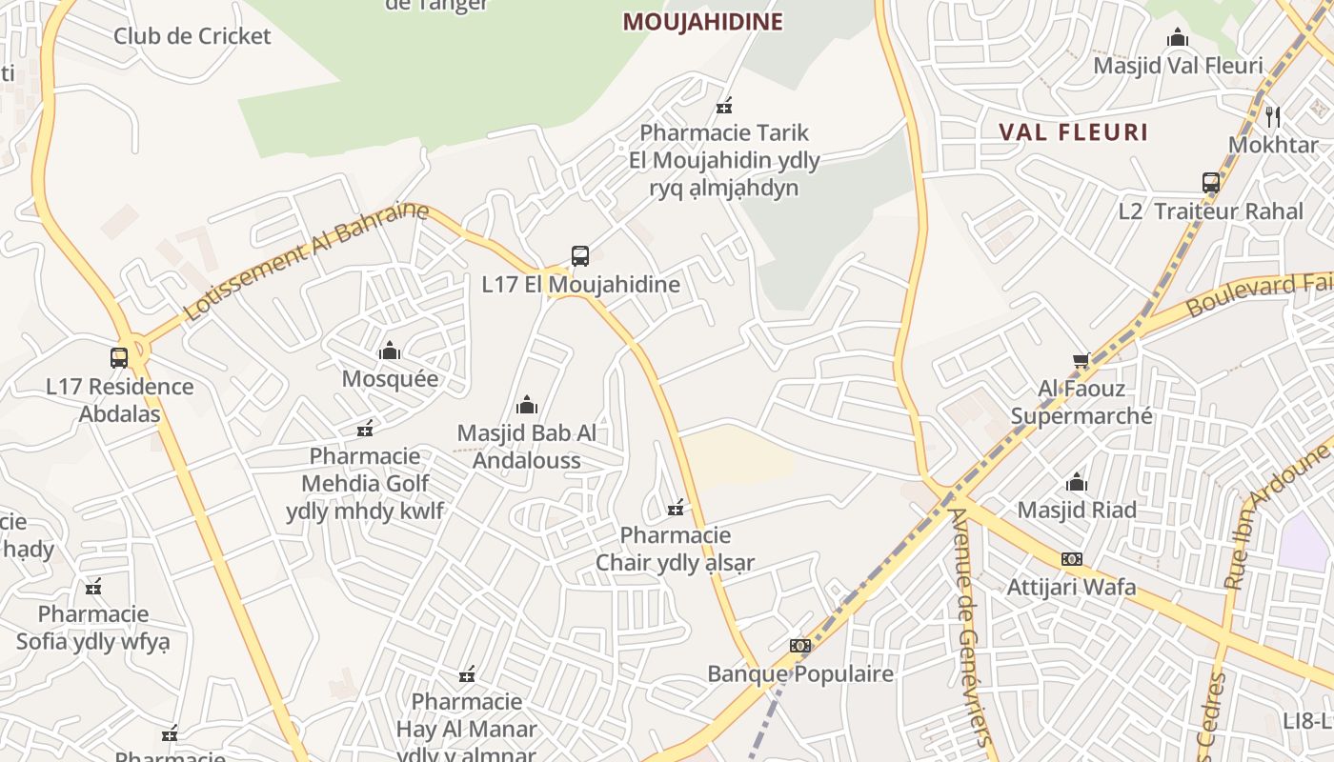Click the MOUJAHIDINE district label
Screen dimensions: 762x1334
(702, 22)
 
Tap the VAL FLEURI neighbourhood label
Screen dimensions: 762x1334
(1073, 131)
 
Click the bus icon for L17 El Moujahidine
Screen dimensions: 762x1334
(580, 255)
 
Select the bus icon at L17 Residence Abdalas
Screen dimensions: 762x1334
(119, 358)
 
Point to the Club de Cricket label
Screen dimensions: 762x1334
(192, 36)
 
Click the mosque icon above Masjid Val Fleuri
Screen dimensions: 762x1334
(1178, 38)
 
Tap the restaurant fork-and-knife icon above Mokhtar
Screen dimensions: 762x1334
(1273, 116)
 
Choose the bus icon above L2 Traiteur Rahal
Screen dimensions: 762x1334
(1210, 182)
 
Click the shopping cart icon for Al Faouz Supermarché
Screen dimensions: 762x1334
(1081, 360)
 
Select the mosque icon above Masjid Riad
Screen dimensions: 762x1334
(1077, 482)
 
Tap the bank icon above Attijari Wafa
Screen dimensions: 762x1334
(1072, 559)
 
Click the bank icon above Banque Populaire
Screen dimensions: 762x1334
(800, 646)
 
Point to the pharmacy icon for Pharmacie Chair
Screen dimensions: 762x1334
(676, 507)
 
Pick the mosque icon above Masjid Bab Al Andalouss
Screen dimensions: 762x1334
(527, 405)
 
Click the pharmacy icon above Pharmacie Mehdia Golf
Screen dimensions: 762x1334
(364, 429)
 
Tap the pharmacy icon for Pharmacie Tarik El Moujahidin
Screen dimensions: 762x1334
(724, 105)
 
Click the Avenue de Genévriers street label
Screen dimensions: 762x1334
(972, 629)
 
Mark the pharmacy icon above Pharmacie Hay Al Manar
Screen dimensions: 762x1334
(467, 674)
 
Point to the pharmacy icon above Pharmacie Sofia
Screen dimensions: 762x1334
(93, 586)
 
